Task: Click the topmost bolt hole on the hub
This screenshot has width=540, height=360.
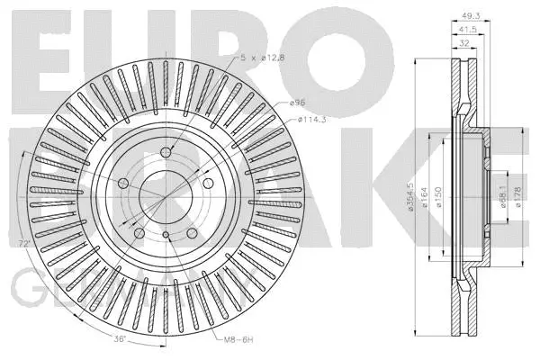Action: click(x=166, y=152)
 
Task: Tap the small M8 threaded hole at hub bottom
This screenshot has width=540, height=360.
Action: click(x=166, y=236)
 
